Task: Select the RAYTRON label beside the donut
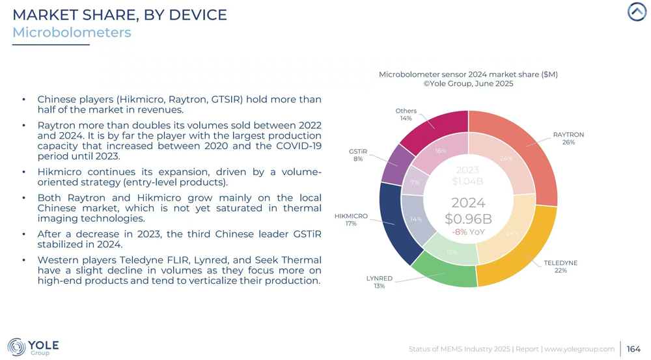coord(568,135)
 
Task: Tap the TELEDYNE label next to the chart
coord(561,263)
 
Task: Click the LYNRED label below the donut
coord(379,278)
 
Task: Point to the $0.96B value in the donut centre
coord(468,219)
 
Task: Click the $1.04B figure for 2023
coord(467,182)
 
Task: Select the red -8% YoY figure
coord(468,232)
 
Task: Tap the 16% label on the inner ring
coord(441,151)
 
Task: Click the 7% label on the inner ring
coord(415,183)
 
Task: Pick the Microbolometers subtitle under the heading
coord(72,33)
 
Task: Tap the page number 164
coord(633,349)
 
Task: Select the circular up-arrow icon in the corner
coord(637,12)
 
